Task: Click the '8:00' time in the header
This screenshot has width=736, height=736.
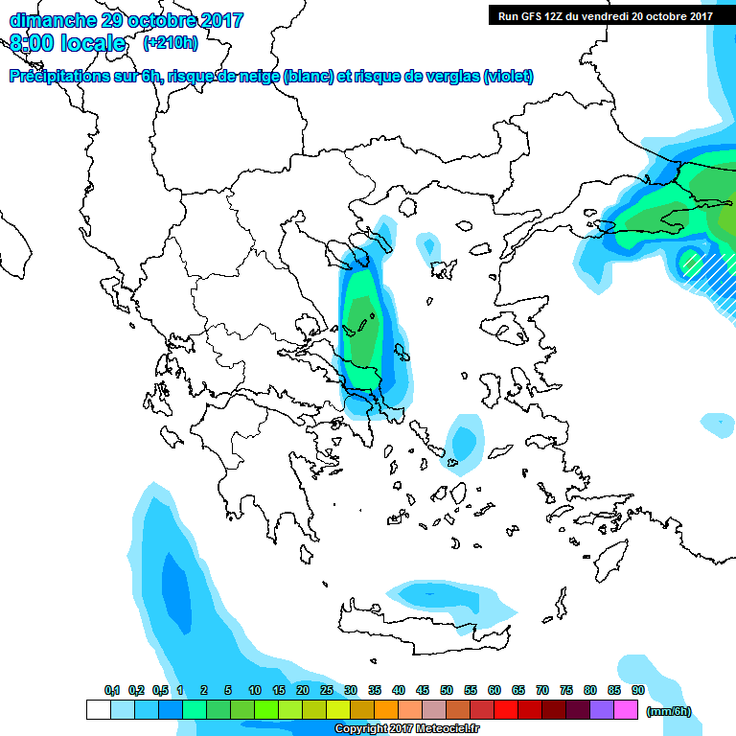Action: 31,44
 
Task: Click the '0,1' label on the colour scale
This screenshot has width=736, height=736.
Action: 112,691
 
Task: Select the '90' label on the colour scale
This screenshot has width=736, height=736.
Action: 637,691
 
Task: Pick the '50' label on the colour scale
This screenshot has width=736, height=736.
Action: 447,691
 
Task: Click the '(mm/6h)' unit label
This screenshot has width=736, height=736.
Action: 668,711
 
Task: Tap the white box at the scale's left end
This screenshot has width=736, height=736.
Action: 98,710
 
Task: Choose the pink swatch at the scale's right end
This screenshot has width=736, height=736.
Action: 626,710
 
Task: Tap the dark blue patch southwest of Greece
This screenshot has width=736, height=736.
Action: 175,586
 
